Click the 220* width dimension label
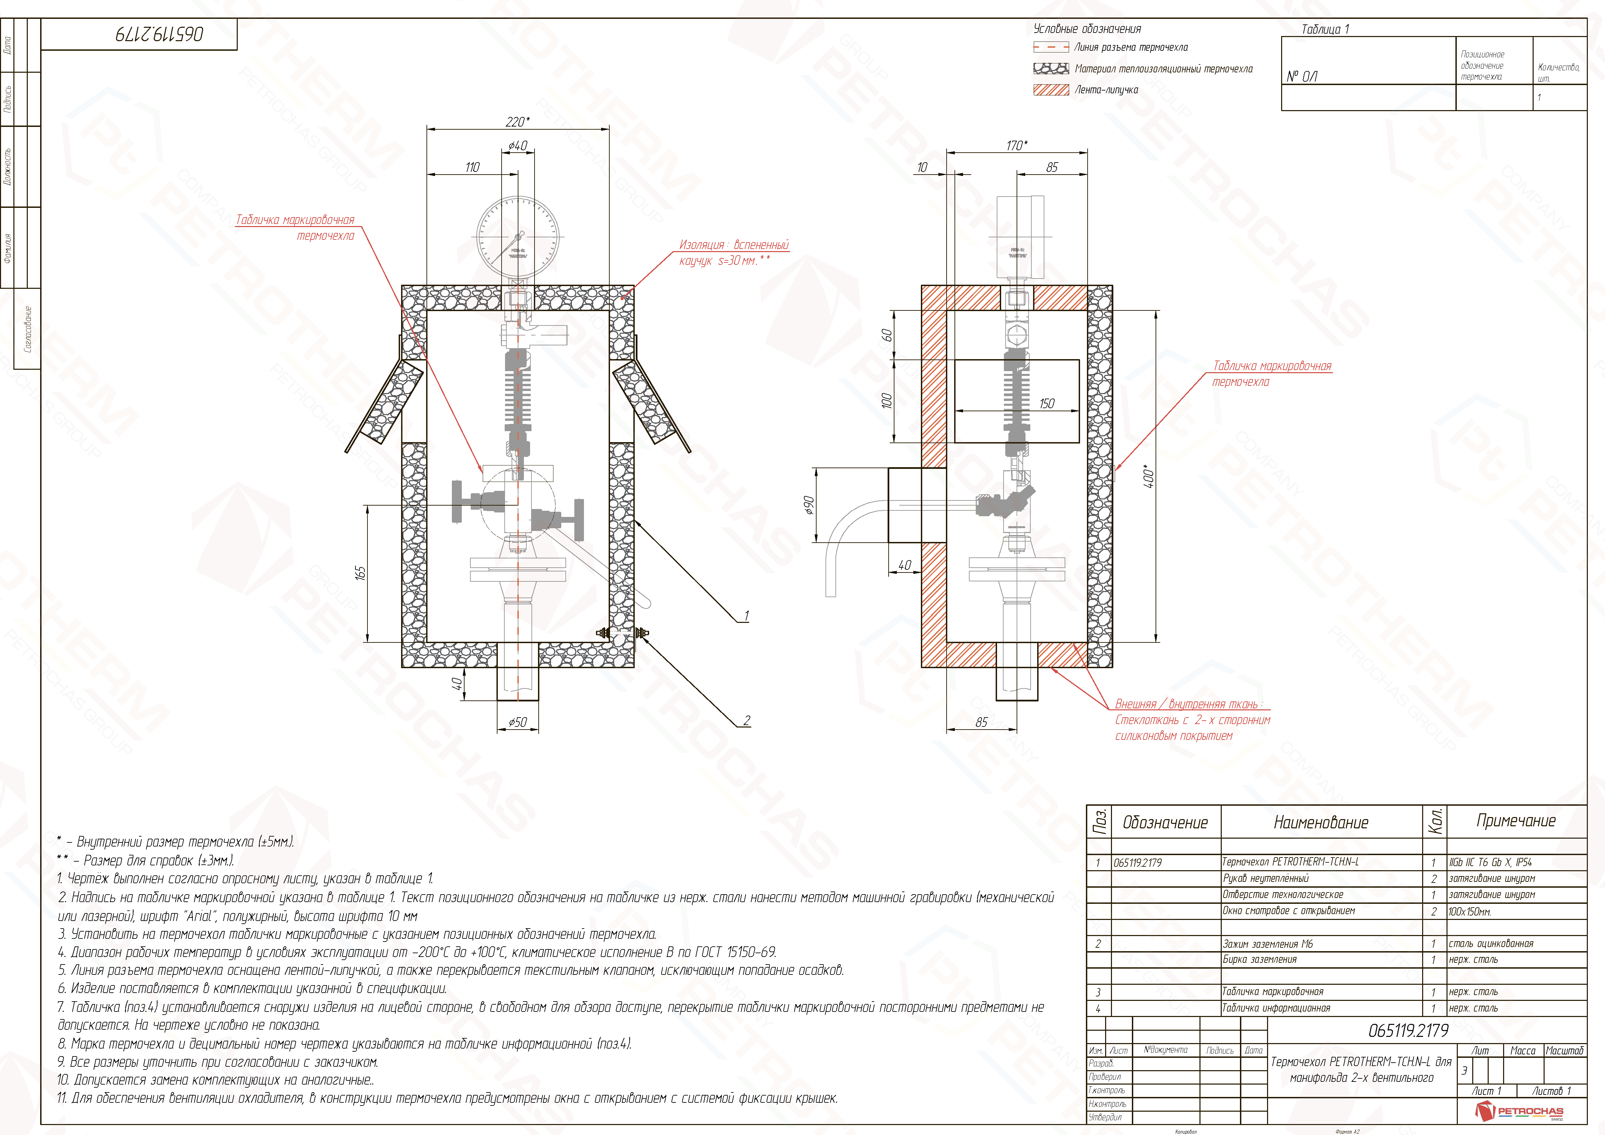(517, 122)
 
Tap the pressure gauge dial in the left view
(518, 236)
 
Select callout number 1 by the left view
(746, 616)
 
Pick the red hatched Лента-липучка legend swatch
(1051, 90)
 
